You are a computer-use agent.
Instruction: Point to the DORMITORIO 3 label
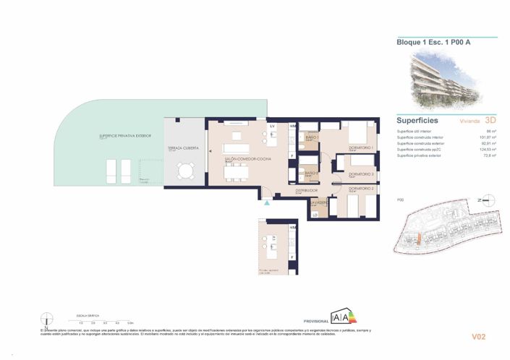361,174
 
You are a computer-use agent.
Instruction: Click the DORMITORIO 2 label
361,189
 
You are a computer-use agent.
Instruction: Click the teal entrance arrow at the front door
268,205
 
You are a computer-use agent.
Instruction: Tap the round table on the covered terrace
187,171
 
